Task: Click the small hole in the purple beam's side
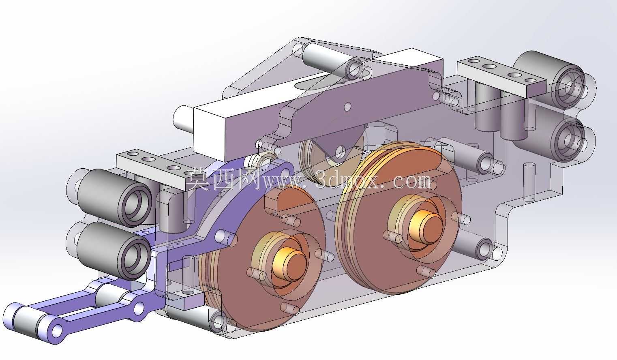pos(347,106)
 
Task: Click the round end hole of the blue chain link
pos(57,330)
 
